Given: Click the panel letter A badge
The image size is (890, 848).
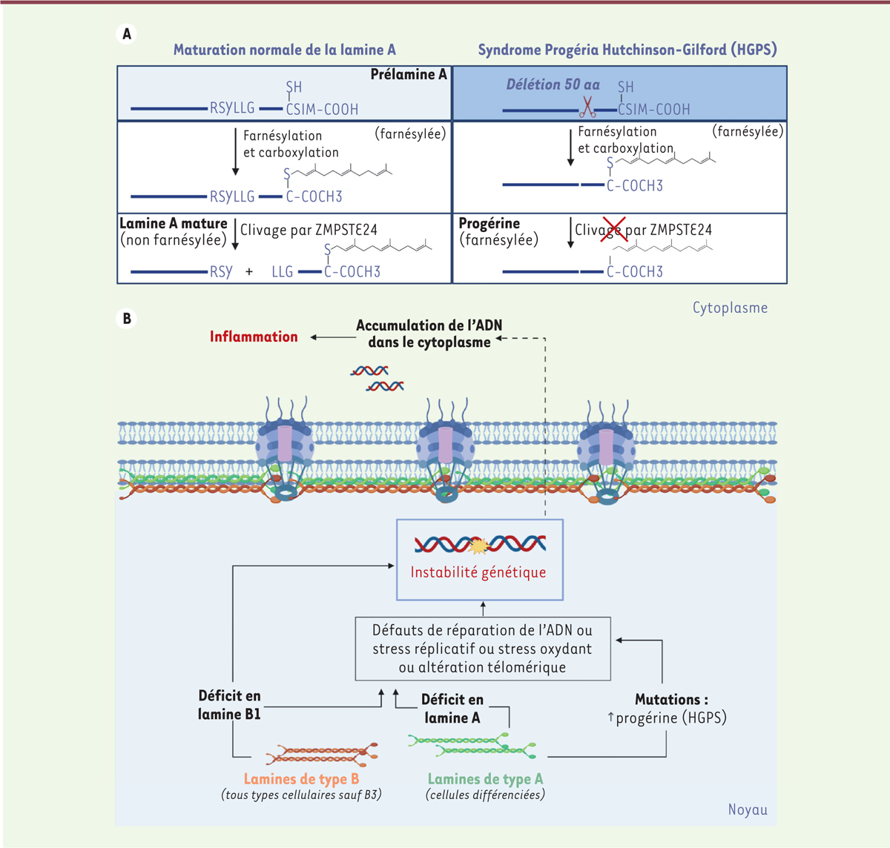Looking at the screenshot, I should [x=127, y=34].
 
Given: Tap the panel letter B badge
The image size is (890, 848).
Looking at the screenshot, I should [x=127, y=319].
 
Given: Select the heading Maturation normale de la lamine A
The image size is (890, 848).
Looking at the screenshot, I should [x=284, y=50].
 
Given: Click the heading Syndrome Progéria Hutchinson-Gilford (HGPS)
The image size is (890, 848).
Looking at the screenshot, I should [x=627, y=50].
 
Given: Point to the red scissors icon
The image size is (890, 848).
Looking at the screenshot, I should [x=587, y=108].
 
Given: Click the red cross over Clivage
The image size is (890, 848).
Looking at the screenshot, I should [x=613, y=230].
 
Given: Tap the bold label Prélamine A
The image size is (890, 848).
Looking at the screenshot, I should [x=409, y=75].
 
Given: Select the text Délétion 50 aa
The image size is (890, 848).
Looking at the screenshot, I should [x=553, y=85].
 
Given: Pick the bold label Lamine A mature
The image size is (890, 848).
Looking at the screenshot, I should [x=174, y=224].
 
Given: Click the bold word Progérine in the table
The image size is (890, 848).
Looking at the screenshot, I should [x=489, y=224].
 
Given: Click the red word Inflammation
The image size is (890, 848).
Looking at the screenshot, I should [x=254, y=337].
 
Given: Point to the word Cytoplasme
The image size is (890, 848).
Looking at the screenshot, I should [x=730, y=308].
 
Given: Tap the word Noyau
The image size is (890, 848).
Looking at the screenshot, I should [x=748, y=809].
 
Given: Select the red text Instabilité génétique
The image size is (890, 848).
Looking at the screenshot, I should [x=478, y=572].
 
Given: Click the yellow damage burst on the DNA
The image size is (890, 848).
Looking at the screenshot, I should [x=480, y=546].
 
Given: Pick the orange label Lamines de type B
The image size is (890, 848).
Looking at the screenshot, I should [x=301, y=779].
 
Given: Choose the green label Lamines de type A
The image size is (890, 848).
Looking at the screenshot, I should [x=485, y=779].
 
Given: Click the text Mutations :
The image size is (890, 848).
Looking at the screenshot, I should [x=671, y=700].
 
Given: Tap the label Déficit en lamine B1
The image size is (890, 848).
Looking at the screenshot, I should [x=229, y=705].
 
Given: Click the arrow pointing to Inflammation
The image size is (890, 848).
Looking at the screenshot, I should [x=332, y=337].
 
